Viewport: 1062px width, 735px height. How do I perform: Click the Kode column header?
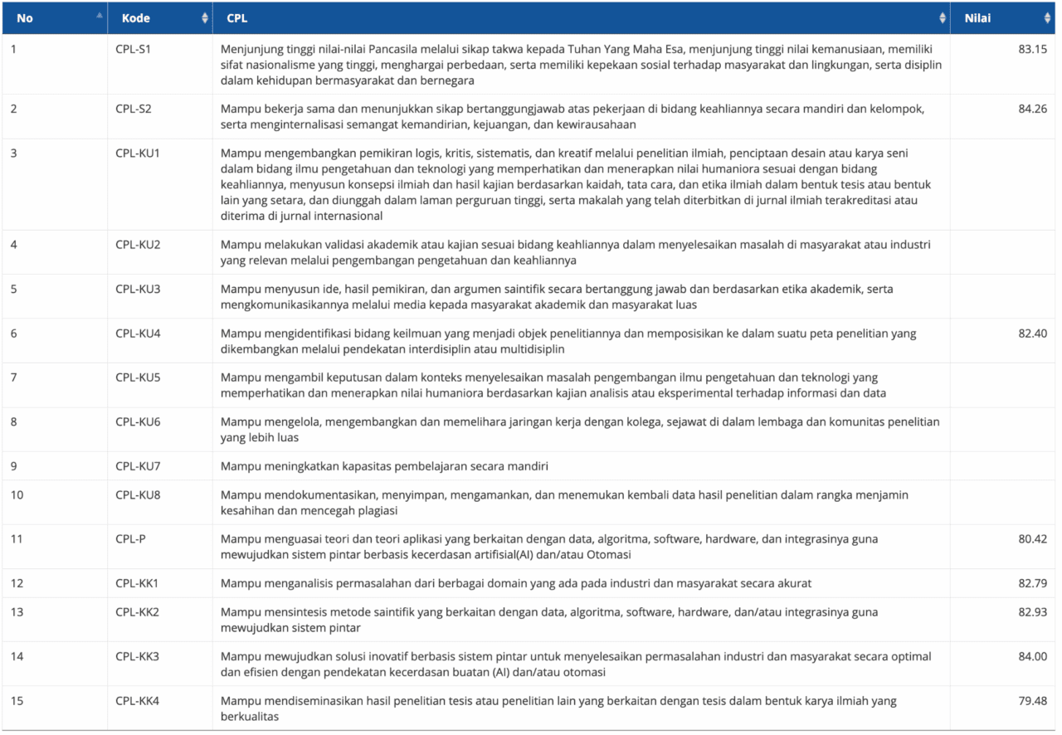point(135,18)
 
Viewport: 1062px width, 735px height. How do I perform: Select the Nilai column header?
point(977,18)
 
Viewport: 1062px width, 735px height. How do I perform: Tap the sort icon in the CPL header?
point(943,18)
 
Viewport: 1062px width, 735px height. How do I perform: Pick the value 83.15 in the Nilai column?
point(1032,49)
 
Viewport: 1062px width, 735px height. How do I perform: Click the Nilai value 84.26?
point(1032,109)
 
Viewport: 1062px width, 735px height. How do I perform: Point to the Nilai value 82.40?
point(1032,333)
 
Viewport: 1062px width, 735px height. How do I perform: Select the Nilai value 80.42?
point(1032,539)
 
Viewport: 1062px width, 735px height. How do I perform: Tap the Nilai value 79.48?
point(1032,701)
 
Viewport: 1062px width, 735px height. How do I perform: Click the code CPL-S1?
point(134,49)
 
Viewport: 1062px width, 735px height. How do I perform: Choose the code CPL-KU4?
point(138,333)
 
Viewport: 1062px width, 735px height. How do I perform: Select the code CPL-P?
point(130,539)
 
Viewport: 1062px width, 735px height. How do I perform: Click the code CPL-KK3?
point(137,657)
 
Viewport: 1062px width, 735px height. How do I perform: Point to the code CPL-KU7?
point(138,466)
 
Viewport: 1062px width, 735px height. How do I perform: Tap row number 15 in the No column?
point(17,701)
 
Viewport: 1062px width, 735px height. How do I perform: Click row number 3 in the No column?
point(14,153)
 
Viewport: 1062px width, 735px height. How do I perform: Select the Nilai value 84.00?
point(1032,657)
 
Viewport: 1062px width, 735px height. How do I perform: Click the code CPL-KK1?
point(137,583)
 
